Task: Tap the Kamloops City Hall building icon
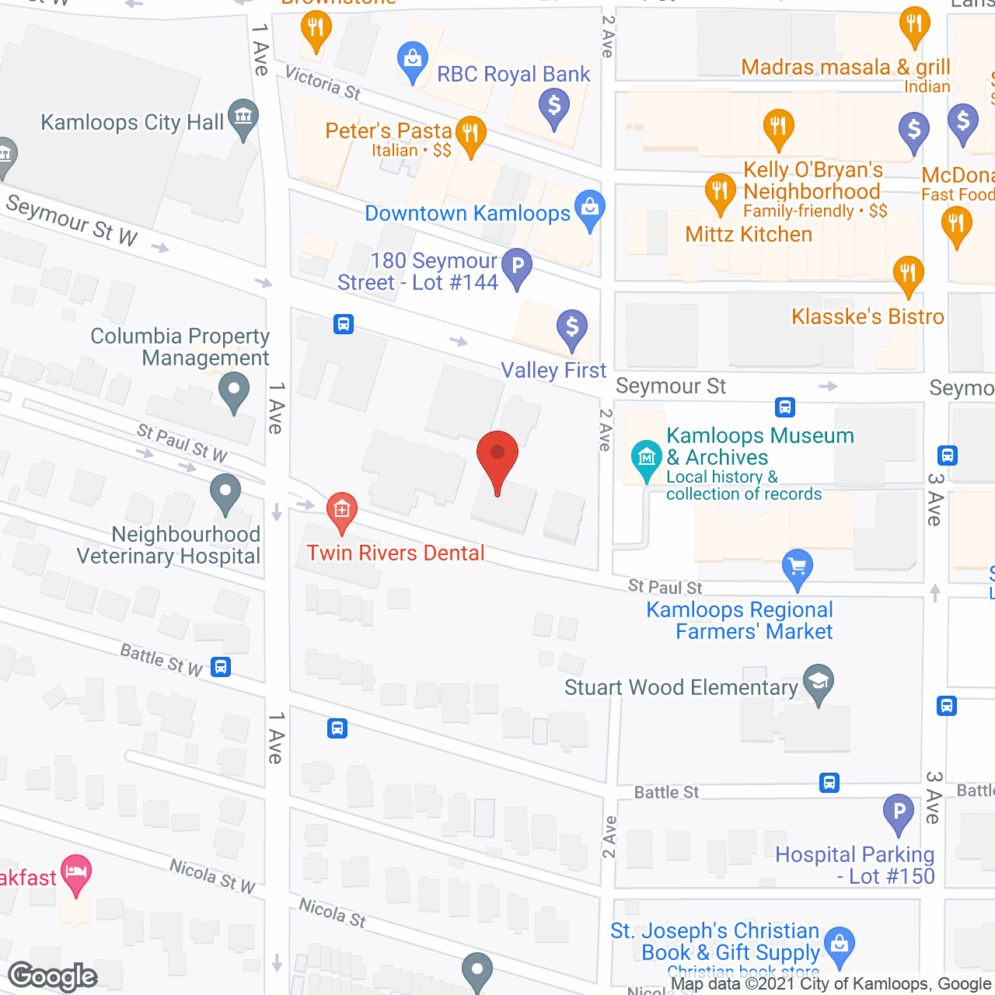point(243,117)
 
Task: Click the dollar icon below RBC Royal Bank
point(554,105)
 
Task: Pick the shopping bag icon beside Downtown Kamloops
point(590,208)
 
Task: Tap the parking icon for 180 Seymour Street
point(517,267)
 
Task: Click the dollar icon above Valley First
point(572,327)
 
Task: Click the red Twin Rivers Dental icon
point(341,510)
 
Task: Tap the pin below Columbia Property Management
point(233,389)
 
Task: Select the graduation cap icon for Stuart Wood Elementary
point(818,682)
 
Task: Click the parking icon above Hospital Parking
point(899,812)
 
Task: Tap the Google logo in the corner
point(53,976)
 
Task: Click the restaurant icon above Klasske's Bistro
point(908,274)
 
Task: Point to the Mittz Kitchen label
point(749,235)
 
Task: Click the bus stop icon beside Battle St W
point(221,667)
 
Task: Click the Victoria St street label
point(323,83)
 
